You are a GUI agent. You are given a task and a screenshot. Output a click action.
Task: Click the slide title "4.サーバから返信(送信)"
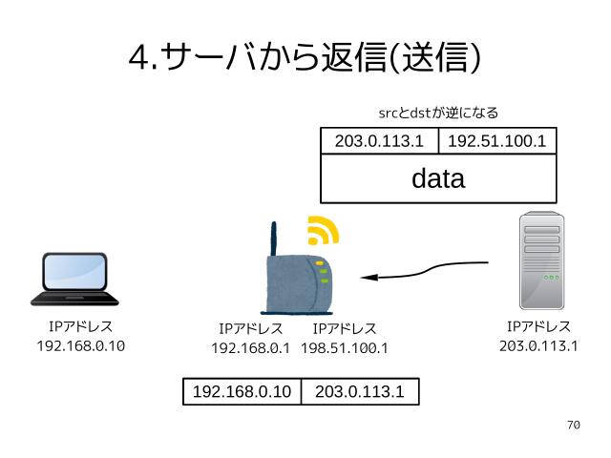pyautogui.click(x=305, y=58)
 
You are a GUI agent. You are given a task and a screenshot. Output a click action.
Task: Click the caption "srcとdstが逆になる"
pyautogui.click(x=439, y=113)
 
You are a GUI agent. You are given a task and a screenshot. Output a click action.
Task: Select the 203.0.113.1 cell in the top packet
pyautogui.click(x=379, y=141)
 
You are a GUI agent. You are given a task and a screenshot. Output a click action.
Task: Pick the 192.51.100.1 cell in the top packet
pyautogui.click(x=496, y=141)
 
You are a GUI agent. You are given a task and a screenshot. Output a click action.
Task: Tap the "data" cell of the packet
pyautogui.click(x=438, y=178)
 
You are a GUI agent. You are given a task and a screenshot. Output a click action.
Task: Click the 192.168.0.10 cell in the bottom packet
pyautogui.click(x=242, y=392)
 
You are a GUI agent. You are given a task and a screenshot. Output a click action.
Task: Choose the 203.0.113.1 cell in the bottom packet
pyautogui.click(x=359, y=392)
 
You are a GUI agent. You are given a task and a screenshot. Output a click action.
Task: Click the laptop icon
pyautogui.click(x=74, y=279)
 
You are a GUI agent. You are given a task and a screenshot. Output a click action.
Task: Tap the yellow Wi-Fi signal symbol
pyautogui.click(x=322, y=231)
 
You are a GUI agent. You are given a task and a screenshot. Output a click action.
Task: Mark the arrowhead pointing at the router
pyautogui.click(x=369, y=278)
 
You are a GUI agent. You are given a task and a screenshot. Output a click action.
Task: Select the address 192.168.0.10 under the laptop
pyautogui.click(x=80, y=345)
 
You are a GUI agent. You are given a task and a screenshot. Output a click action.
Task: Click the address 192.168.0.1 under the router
pyautogui.click(x=250, y=348)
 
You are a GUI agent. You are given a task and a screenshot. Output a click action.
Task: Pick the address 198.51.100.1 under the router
pyautogui.click(x=345, y=348)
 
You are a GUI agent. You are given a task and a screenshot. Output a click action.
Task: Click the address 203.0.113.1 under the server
pyautogui.click(x=538, y=345)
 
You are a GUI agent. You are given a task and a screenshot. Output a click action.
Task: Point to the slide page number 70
pyautogui.click(x=573, y=426)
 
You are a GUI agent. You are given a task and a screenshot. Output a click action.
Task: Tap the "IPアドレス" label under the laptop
pyautogui.click(x=80, y=327)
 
